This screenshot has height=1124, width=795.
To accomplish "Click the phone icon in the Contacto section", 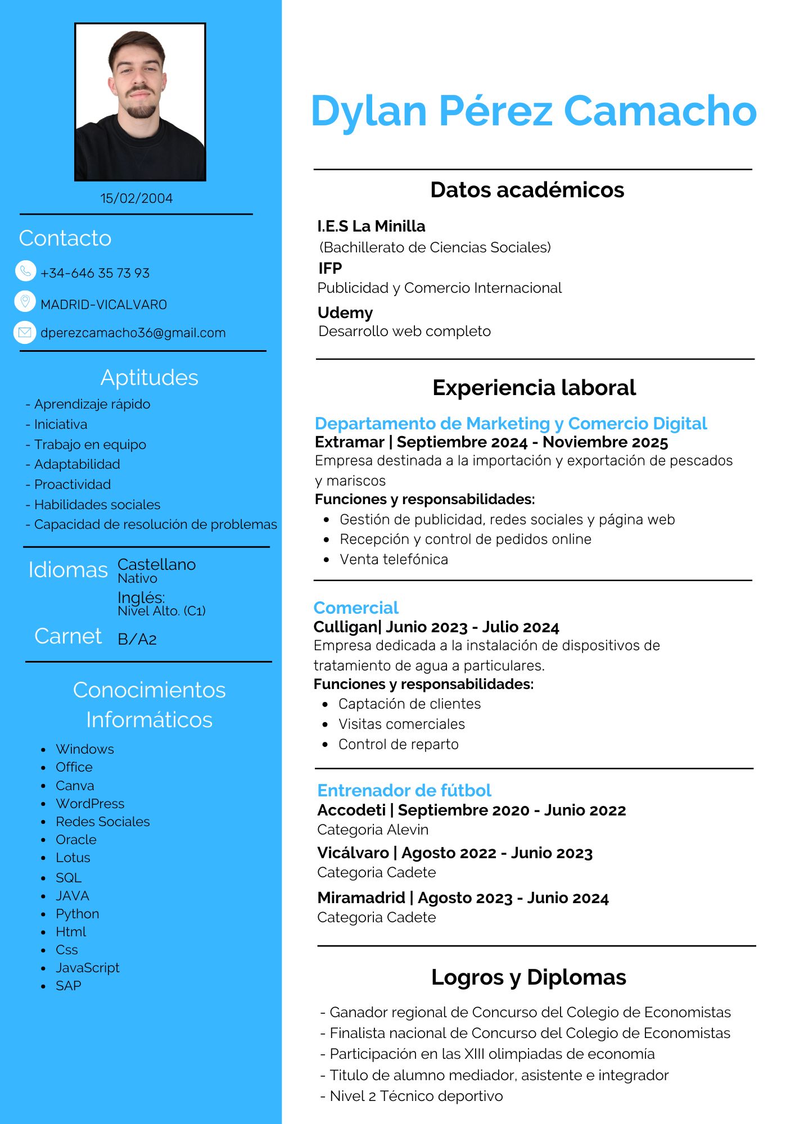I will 25,271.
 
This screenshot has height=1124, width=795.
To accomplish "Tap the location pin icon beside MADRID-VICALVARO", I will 25,302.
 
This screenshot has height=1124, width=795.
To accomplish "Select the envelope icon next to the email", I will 25,332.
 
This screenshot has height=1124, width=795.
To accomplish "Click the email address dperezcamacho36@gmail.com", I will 133,333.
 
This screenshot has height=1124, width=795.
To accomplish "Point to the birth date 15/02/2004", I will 137,198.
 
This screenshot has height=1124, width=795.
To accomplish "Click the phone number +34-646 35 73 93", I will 95,273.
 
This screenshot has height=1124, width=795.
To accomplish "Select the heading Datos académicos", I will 527,190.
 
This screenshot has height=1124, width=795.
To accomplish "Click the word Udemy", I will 345,312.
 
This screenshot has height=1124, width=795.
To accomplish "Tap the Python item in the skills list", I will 78,914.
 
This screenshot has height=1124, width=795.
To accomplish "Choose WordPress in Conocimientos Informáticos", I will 90,804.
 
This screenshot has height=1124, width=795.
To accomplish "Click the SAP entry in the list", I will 69,986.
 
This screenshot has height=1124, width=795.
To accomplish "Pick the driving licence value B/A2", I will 137,639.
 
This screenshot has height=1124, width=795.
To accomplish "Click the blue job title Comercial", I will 356,608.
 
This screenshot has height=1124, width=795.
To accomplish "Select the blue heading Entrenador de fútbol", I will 404,790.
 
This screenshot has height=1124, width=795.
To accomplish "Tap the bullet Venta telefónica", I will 394,560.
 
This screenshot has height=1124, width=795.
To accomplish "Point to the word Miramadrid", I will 361,898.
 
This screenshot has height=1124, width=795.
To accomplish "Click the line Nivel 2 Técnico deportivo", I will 416,1096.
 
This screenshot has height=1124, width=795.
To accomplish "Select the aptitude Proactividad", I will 73,484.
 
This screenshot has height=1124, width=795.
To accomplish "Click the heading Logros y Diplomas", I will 529,977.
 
